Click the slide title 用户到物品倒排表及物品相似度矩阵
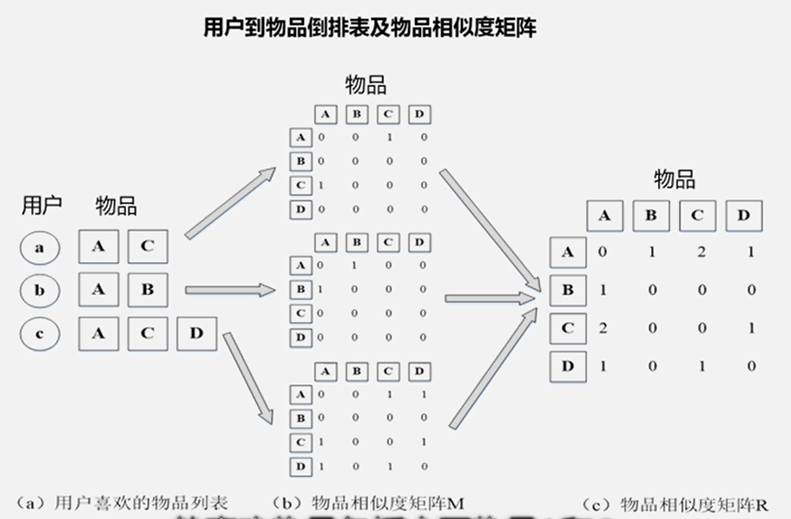click(x=369, y=29)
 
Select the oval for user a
click(x=39, y=247)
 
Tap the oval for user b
click(x=39, y=291)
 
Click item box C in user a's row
click(x=148, y=247)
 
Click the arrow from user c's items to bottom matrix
click(x=252, y=378)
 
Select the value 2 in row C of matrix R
click(x=604, y=328)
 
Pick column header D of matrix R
click(x=743, y=216)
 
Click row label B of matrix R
click(x=568, y=291)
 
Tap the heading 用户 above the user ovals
click(x=42, y=207)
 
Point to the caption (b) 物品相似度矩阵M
click(x=370, y=502)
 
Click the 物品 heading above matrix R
click(x=675, y=180)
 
